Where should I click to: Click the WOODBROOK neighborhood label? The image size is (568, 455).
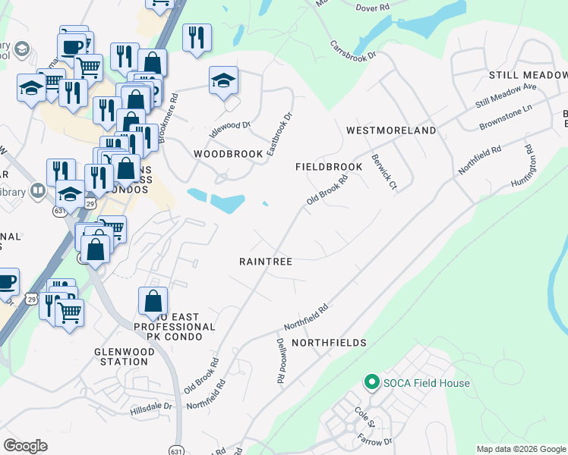point(228,153)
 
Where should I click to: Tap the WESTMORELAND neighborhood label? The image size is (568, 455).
point(391,130)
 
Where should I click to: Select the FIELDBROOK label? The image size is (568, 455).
point(329,166)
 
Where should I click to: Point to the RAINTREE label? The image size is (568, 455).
point(266,261)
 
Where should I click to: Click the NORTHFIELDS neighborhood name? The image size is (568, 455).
point(329,343)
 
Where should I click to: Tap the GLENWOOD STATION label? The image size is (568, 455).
point(121,356)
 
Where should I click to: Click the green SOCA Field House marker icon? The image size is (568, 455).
point(371,382)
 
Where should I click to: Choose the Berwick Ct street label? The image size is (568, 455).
point(384,172)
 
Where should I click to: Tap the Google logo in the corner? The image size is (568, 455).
point(25,446)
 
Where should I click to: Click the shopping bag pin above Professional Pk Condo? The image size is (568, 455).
point(153,300)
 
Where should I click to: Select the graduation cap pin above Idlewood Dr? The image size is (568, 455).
point(224,80)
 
